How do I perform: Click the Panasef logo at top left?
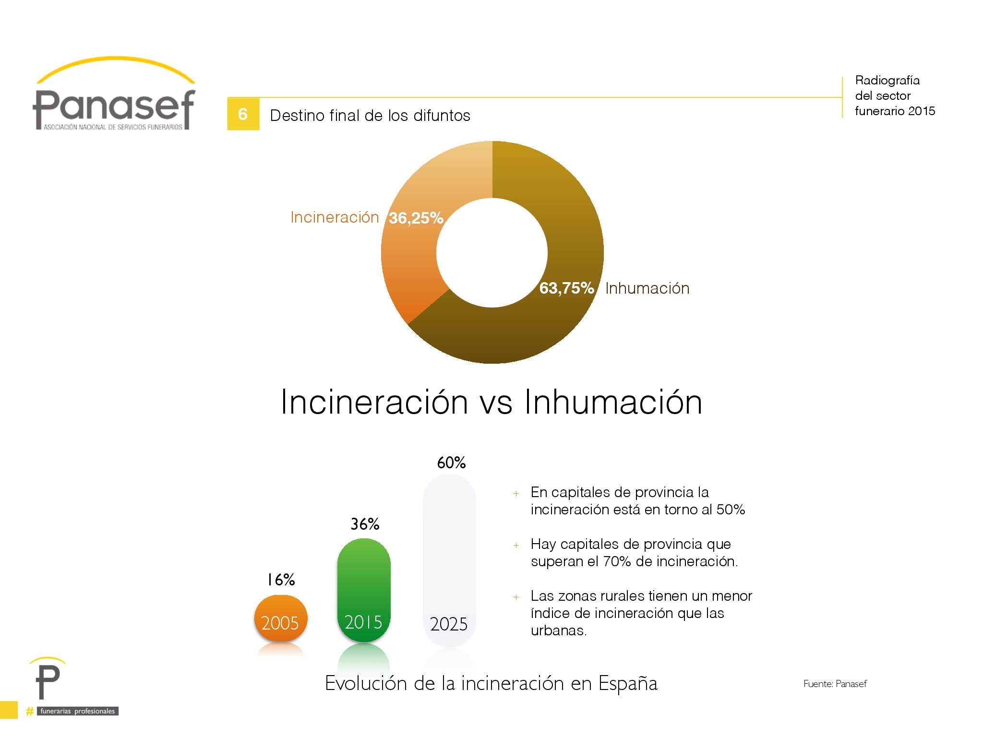[114, 94]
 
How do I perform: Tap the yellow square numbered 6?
[243, 114]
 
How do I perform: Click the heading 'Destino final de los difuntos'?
[370, 116]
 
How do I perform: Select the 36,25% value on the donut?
[416, 218]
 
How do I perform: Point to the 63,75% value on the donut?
[567, 288]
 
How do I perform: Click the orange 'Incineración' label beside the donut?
[335, 217]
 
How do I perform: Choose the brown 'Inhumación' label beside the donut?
[647, 288]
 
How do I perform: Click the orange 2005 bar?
[281, 618]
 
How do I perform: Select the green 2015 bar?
[364, 590]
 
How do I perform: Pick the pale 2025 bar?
[449, 560]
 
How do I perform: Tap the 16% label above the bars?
[281, 580]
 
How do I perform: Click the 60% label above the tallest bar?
[451, 463]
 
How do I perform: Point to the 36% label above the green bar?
[365, 524]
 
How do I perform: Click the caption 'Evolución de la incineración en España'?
[491, 683]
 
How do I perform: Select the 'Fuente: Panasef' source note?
[835, 684]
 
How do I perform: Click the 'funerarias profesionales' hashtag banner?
[72, 711]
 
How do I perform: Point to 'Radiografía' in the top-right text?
[887, 80]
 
